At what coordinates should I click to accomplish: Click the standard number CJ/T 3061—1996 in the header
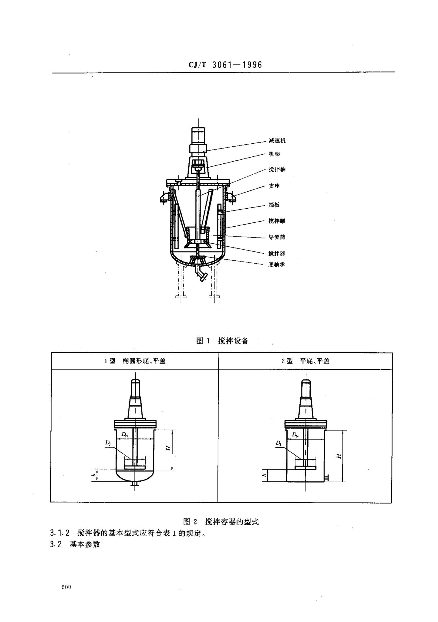point(225,65)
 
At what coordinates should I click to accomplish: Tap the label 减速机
point(277,141)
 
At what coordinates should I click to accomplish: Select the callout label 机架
point(274,154)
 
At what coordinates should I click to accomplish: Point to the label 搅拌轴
point(277,169)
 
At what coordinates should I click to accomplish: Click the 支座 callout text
point(274,186)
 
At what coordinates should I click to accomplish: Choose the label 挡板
point(274,205)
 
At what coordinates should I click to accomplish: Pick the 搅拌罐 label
point(277,221)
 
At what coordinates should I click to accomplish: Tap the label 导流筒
point(277,237)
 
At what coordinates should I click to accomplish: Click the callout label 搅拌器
point(277,253)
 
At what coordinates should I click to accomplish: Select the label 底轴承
point(277,264)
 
